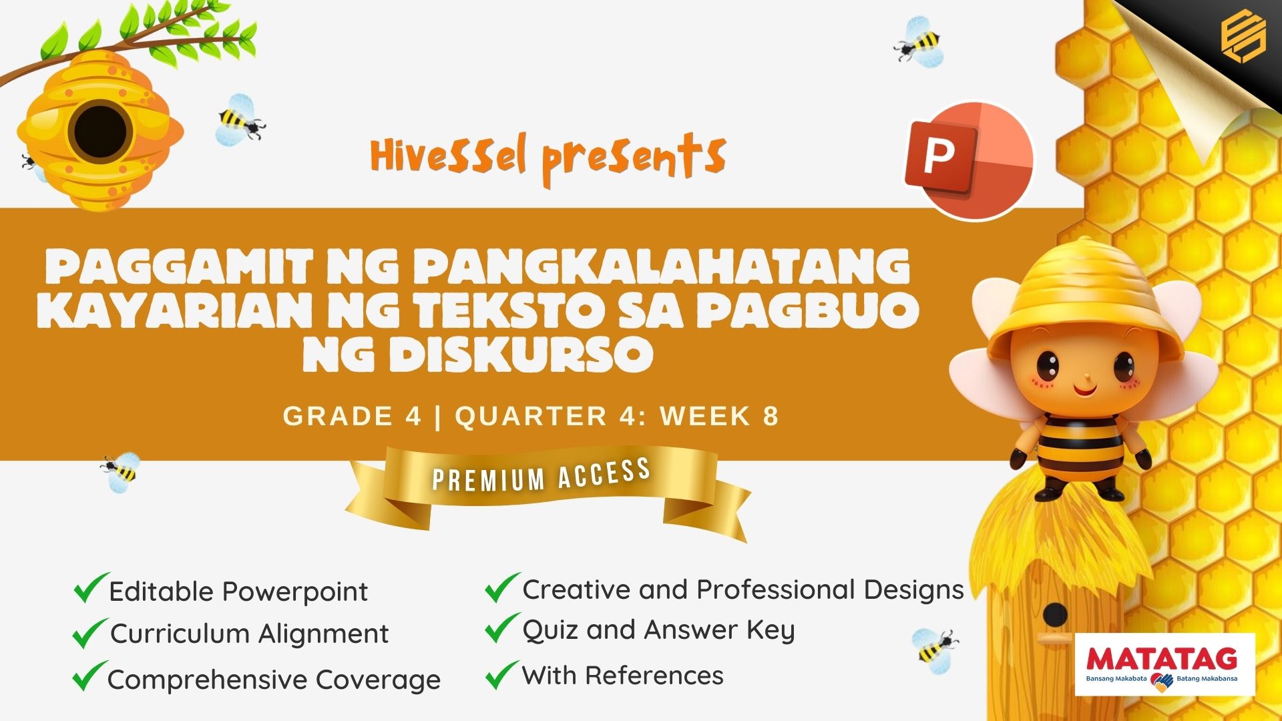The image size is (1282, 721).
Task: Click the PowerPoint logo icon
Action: (x=969, y=160)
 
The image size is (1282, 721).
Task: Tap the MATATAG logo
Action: (x=1165, y=665)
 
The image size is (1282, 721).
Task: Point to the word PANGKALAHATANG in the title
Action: (x=661, y=266)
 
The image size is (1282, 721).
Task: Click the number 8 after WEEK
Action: (x=771, y=416)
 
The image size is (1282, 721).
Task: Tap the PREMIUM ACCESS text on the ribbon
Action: (x=542, y=475)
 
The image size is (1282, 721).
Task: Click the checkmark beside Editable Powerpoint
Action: (x=91, y=587)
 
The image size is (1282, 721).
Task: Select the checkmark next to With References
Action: (x=502, y=674)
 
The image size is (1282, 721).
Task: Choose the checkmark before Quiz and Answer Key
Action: (x=502, y=628)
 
